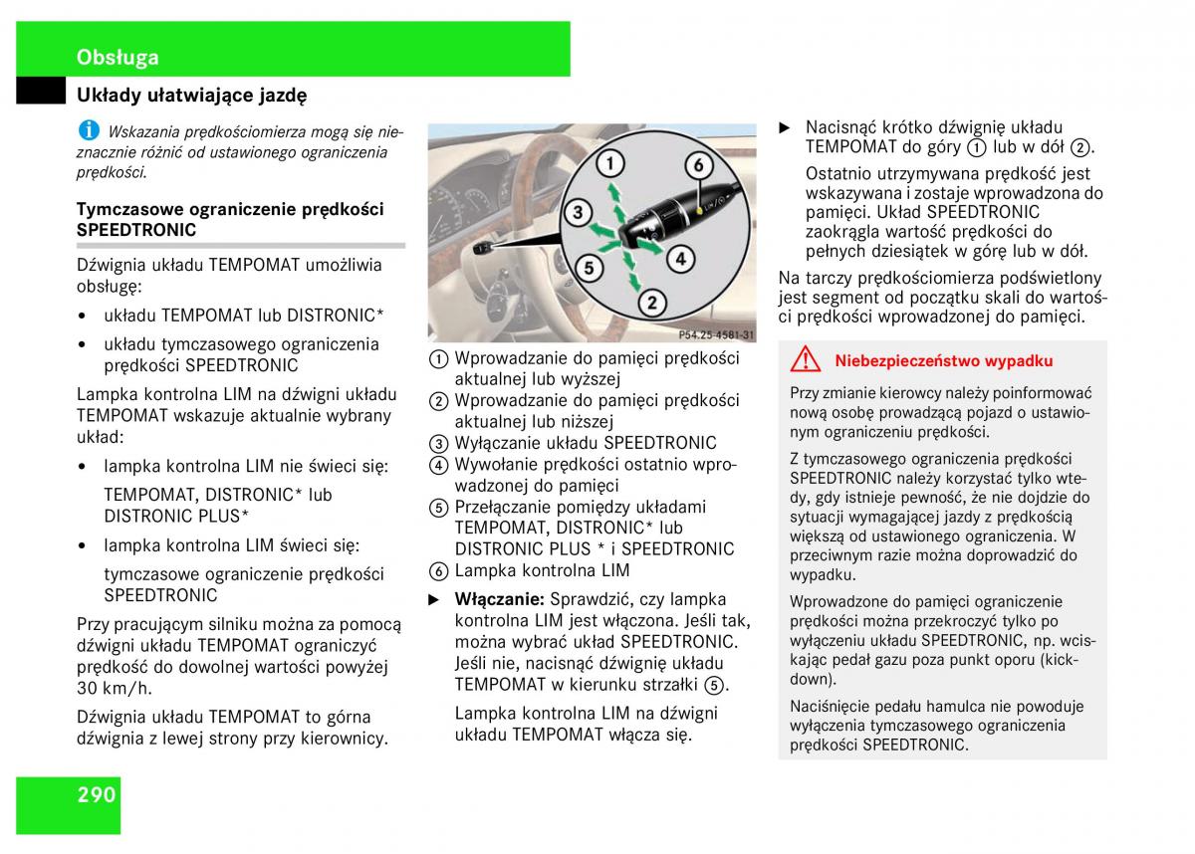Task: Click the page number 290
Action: pyautogui.click(x=96, y=794)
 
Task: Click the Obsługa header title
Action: pyautogui.click(x=118, y=57)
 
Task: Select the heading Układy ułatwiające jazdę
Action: pyautogui.click(x=192, y=96)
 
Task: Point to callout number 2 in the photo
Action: pyautogui.click(x=651, y=302)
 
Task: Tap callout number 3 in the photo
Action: pyautogui.click(x=577, y=211)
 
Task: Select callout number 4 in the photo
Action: pyautogui.click(x=679, y=260)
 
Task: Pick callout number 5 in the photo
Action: pyautogui.click(x=589, y=268)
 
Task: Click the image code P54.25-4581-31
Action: pyautogui.click(x=716, y=335)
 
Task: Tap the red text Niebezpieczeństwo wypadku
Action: pyautogui.click(x=943, y=361)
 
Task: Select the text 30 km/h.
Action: pyautogui.click(x=115, y=688)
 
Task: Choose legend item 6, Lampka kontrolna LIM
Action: pyautogui.click(x=542, y=570)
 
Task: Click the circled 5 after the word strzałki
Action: pyautogui.click(x=713, y=685)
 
